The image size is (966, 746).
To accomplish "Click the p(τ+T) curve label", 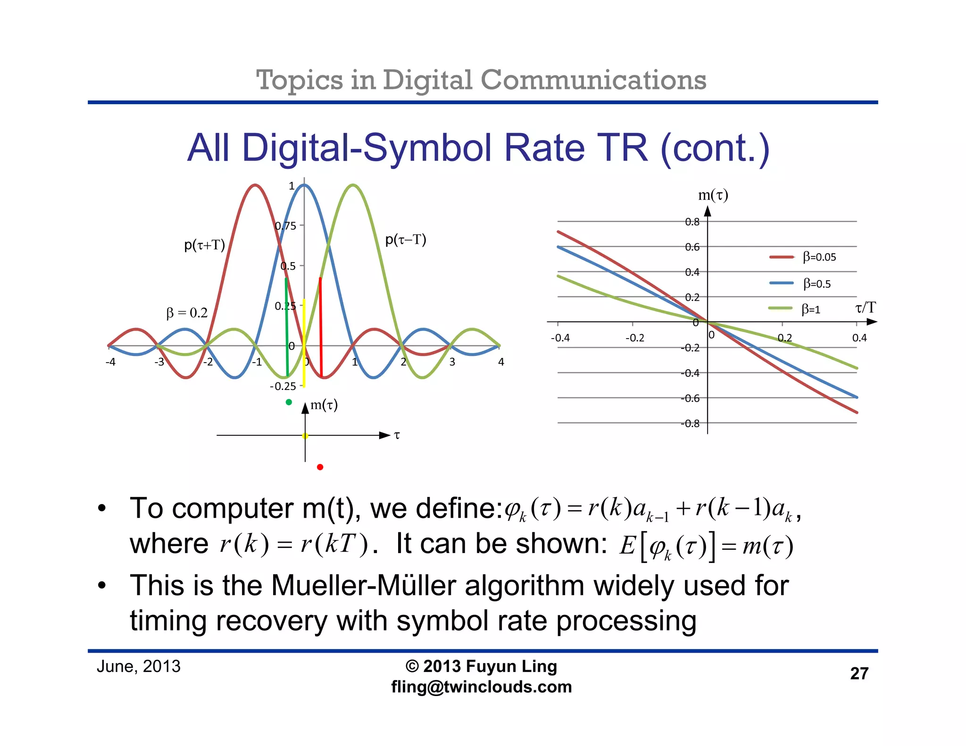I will pos(204,245).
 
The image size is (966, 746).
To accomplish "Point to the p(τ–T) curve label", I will pos(406,240).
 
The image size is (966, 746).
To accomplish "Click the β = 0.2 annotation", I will pos(187,313).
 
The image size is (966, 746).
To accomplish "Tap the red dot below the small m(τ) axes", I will pos(320,467).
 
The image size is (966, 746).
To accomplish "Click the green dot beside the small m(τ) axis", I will pos(289,402).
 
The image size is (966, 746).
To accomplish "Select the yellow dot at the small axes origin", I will pos(305,436).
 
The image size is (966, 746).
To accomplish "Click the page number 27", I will pos(859,673).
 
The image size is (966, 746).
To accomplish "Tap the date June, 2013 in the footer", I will pos(139,666).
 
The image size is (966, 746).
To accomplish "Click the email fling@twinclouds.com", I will pos(481,687).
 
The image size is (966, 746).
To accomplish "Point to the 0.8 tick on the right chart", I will pos(692,222).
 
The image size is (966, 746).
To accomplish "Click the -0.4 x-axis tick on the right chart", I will pos(560,338).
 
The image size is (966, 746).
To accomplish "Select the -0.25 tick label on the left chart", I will pos(283,386).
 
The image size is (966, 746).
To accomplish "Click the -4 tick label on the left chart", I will pos(110,362).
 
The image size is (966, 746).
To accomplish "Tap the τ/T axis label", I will pos(865,308).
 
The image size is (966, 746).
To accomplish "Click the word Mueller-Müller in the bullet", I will pos(364,586).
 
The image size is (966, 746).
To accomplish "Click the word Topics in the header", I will pos(299,80).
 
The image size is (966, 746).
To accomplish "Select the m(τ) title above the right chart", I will pos(713,195).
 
